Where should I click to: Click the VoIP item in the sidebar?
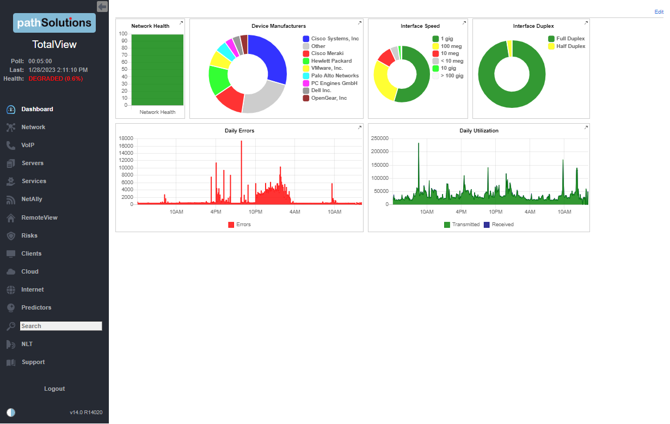28,145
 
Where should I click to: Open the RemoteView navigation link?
39,217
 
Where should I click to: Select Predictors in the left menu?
36,307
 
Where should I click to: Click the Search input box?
60,326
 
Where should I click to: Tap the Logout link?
54,389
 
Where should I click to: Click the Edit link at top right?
659,11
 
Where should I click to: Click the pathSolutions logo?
54,23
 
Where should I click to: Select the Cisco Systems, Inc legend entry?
334,39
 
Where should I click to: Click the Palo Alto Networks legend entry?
334,76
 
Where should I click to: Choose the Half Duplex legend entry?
570,46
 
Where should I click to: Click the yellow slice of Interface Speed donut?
383,82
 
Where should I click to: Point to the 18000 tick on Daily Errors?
126,138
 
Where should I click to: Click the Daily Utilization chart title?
479,131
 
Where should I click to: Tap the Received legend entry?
502,225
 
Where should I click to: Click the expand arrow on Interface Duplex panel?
586,23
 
